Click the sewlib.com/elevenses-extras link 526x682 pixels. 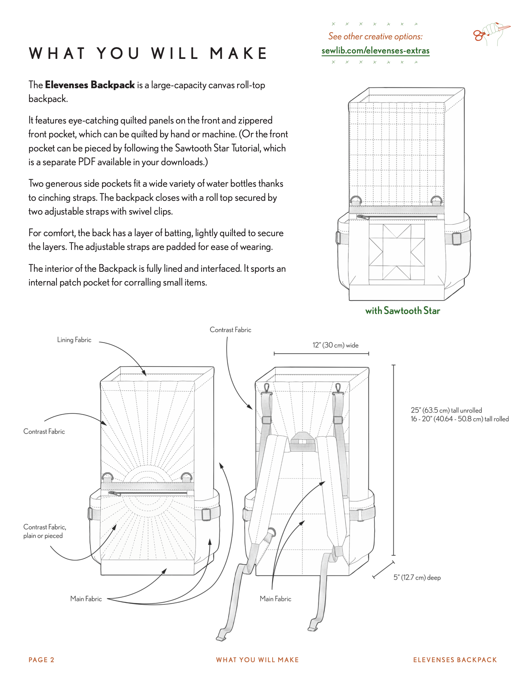click(x=375, y=51)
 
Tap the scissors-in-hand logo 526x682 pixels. click(x=491, y=34)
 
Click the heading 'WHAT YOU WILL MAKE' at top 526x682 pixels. click(x=148, y=53)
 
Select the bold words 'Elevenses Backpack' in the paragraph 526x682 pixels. click(x=90, y=85)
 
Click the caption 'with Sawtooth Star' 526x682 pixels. click(x=402, y=311)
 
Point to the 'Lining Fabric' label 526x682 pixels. click(x=74, y=340)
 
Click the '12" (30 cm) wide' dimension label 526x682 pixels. click(x=335, y=345)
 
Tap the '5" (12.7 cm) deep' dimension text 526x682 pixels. click(x=417, y=577)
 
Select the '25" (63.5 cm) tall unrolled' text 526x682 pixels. click(x=446, y=410)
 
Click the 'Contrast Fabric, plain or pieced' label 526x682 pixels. click(x=44, y=531)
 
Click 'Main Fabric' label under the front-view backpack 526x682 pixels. click(x=86, y=599)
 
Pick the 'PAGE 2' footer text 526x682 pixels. click(x=41, y=660)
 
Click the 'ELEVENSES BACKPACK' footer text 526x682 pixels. click(x=455, y=660)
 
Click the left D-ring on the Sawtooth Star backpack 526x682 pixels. click(x=356, y=201)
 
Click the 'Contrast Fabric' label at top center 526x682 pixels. click(x=230, y=330)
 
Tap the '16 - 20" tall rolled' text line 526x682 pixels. click(x=459, y=419)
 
